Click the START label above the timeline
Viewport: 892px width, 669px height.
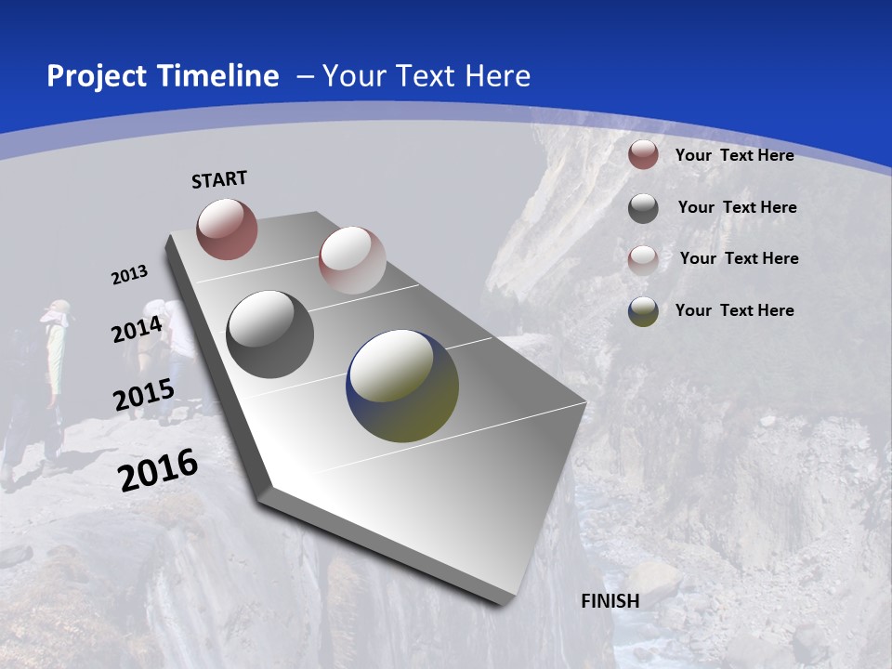point(219,179)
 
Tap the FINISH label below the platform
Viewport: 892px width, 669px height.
point(610,601)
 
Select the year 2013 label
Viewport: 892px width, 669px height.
point(129,275)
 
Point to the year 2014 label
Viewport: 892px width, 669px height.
point(137,330)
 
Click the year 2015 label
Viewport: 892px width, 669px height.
point(143,395)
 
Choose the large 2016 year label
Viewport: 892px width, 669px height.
point(158,470)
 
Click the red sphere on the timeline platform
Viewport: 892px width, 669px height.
point(227,229)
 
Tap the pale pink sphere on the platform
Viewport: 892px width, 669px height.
point(351,260)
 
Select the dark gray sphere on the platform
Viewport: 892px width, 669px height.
point(269,334)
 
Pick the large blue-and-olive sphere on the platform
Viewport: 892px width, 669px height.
point(402,386)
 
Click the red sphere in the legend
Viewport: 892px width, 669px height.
point(643,155)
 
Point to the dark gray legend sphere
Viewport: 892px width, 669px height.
point(643,208)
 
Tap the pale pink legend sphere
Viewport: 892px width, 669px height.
point(643,259)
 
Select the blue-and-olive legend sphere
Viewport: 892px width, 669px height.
point(643,311)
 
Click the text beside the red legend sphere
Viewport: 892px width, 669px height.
point(734,155)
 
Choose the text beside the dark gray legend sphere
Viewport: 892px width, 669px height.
point(737,207)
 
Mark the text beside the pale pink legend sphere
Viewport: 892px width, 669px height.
point(739,258)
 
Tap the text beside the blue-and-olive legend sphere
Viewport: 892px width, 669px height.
point(734,310)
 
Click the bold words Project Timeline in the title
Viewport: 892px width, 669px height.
point(163,76)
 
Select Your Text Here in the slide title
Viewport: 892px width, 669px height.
point(426,76)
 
